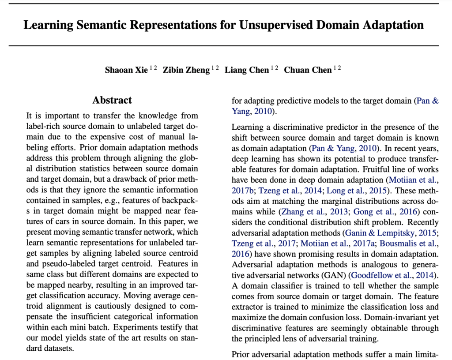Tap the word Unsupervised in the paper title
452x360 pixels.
point(282,25)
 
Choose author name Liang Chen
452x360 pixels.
point(246,70)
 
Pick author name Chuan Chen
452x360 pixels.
point(308,70)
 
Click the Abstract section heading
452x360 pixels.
point(112,100)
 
